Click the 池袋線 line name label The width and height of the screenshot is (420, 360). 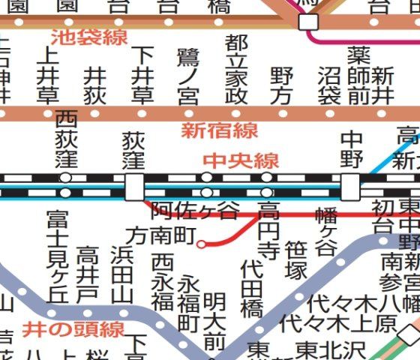[89, 36]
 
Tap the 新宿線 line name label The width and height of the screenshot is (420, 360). [219, 130]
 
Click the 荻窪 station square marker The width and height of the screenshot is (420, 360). [133, 186]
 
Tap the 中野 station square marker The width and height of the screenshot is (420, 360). [350, 185]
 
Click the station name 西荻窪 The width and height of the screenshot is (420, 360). [66, 139]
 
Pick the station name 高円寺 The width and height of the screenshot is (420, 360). [268, 229]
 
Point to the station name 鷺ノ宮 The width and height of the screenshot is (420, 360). [187, 76]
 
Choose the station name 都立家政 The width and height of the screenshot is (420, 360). [235, 69]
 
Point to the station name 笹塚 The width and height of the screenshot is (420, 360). [296, 259]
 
